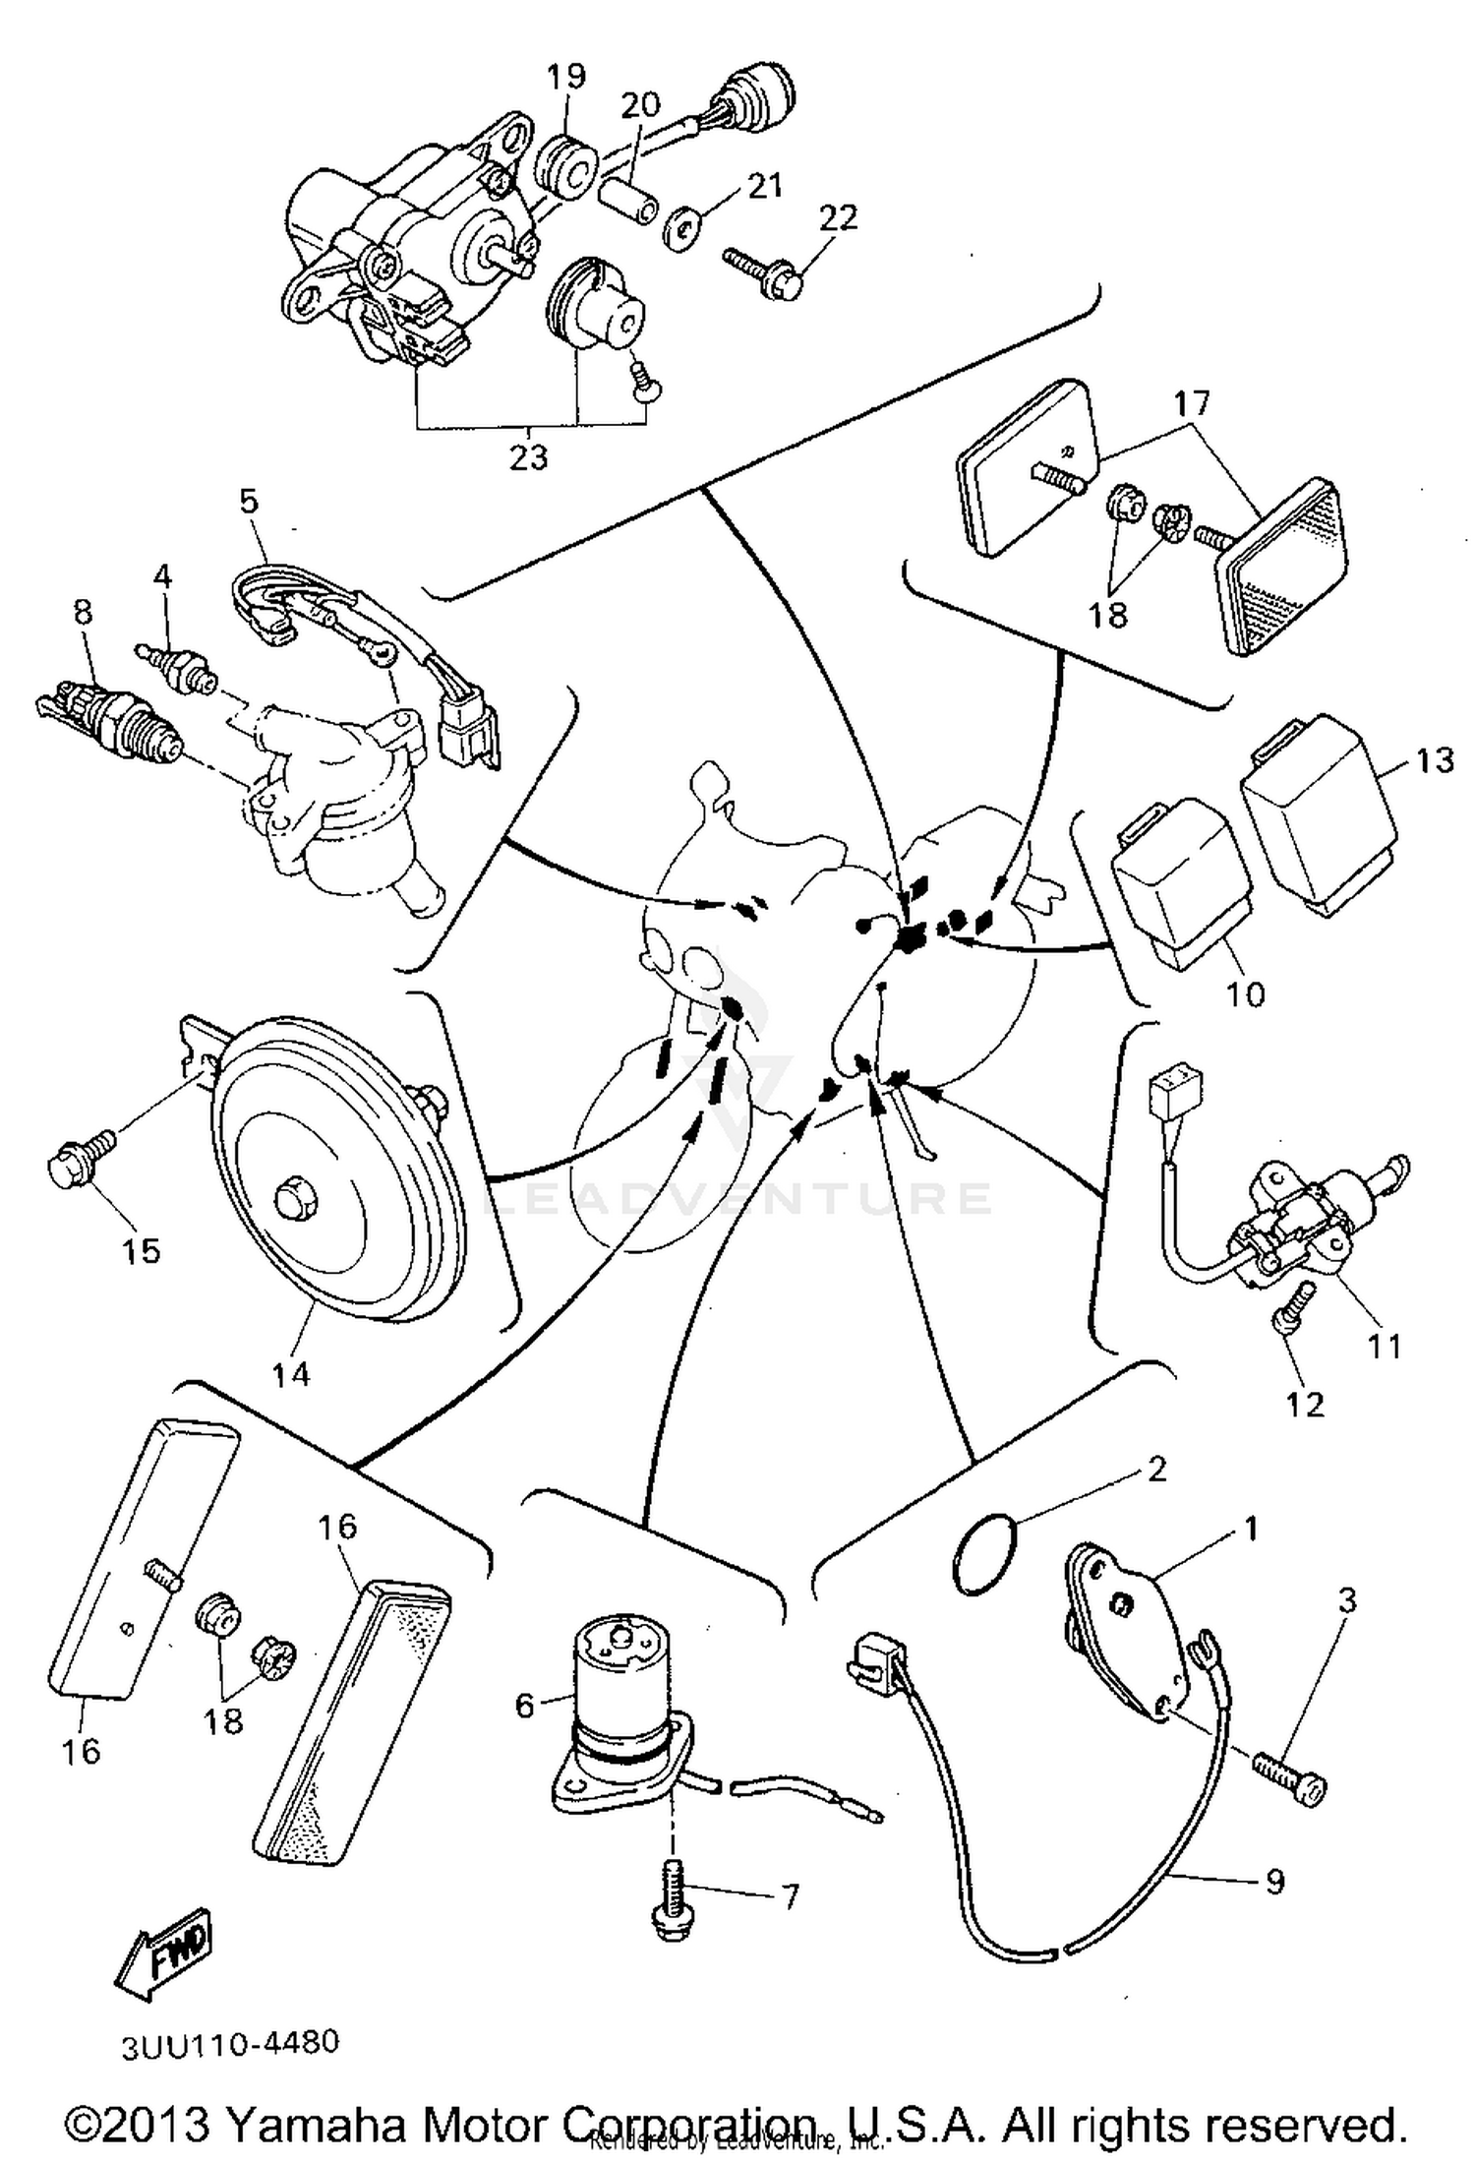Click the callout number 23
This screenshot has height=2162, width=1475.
pos(528,457)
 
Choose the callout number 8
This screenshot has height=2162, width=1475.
pos(83,612)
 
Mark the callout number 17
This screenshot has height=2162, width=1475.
pos(1192,402)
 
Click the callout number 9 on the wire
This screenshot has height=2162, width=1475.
pos(1273,1881)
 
